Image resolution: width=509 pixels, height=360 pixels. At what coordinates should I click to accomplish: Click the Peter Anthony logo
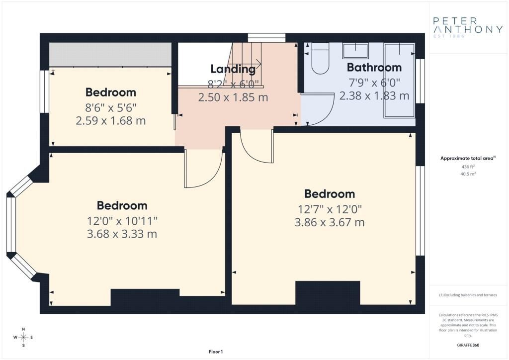pos(468,27)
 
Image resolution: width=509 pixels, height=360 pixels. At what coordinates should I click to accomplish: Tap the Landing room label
pos(233,69)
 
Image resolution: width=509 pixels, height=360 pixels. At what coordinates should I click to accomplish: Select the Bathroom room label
pos(374,67)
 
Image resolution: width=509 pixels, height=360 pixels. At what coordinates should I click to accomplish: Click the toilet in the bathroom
pos(321,59)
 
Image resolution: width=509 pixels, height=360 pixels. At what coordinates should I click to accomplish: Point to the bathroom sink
pos(355,51)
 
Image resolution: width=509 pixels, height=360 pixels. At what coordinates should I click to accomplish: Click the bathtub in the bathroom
pos(399,80)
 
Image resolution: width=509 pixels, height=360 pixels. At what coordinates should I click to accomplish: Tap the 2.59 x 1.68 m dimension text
pos(111,121)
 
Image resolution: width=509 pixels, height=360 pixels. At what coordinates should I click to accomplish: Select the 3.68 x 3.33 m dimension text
pos(122,234)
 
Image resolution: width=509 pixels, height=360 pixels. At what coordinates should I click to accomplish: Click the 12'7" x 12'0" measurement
pos(330,209)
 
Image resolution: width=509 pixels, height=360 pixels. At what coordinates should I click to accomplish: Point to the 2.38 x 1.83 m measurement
pos(374,96)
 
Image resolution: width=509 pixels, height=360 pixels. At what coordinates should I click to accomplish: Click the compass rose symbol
pos(23,337)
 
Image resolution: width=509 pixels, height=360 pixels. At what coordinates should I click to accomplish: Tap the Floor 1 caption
pos(216,352)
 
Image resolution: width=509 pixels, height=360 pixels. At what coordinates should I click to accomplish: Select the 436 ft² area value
pos(466,167)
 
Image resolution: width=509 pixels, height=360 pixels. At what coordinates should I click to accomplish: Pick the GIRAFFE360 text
pos(468,345)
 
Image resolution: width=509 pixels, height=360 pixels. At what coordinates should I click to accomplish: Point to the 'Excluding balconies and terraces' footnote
pos(468,295)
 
